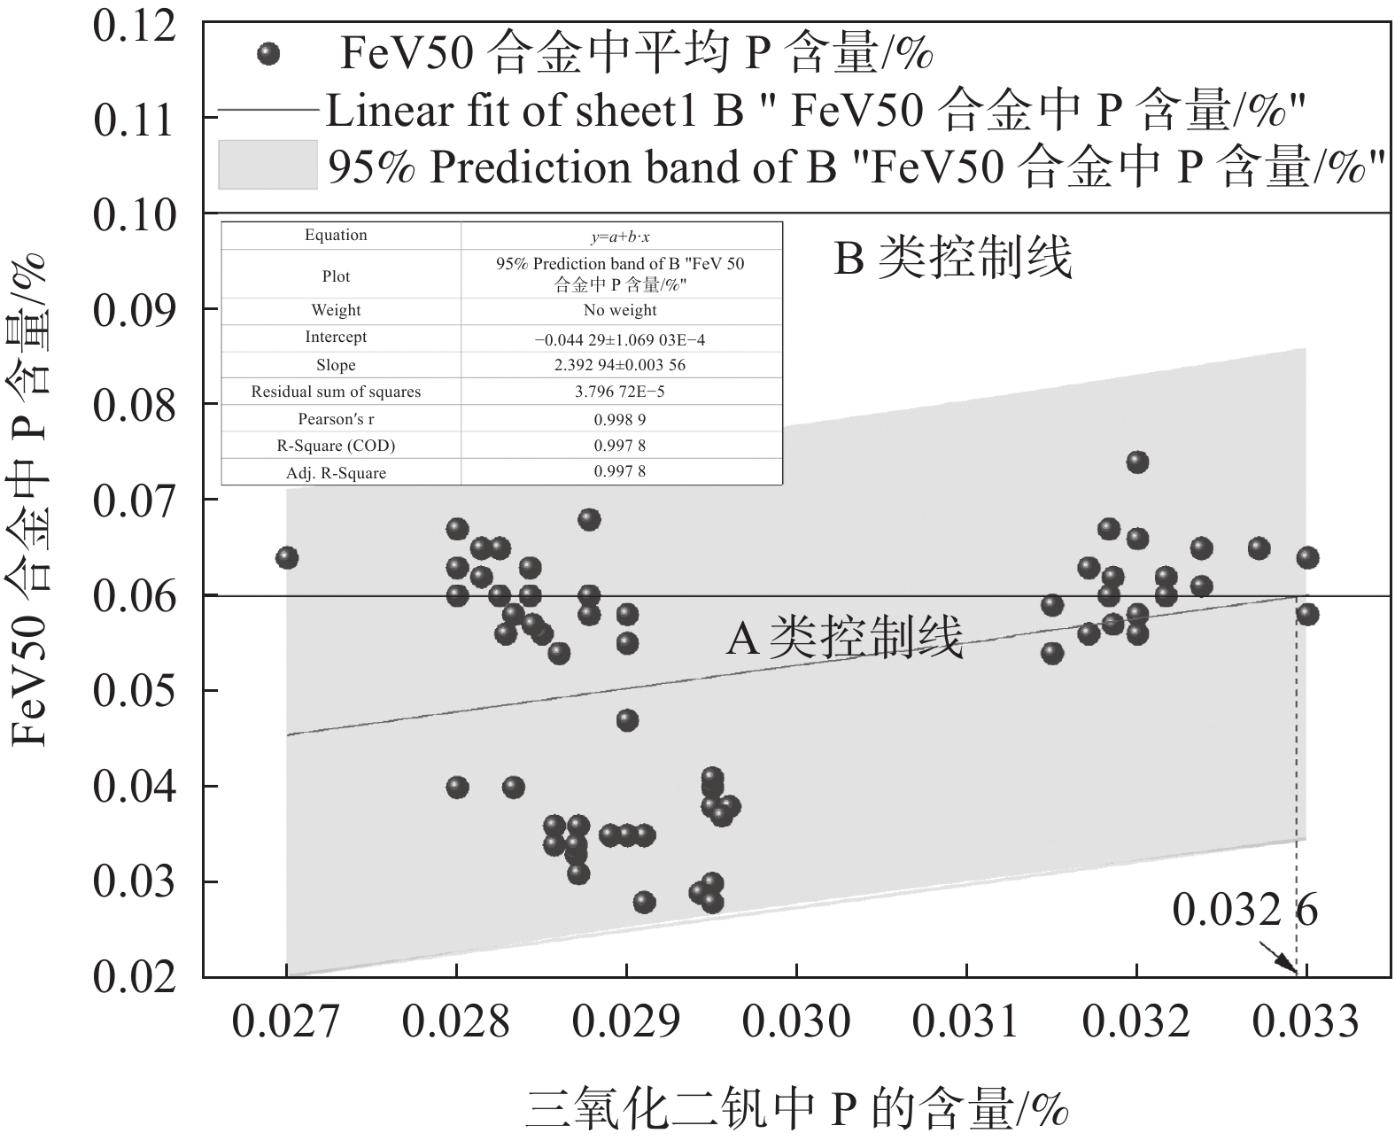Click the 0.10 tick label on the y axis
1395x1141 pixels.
pyautogui.click(x=135, y=215)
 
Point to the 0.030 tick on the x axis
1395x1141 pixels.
pyautogui.click(x=796, y=1021)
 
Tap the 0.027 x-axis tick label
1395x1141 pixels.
pyautogui.click(x=285, y=1021)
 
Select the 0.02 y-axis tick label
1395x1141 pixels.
pyautogui.click(x=135, y=977)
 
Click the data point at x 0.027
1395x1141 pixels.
pyautogui.click(x=286, y=558)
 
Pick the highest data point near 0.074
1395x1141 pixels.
pyautogui.click(x=1137, y=462)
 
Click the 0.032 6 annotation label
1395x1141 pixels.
pyautogui.click(x=1245, y=911)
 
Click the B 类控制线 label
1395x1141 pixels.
pyautogui.click(x=953, y=260)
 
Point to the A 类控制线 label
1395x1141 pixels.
pyautogui.click(x=844, y=638)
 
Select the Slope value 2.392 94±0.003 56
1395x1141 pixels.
pyautogui.click(x=620, y=365)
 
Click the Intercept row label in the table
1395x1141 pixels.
pyautogui.click(x=336, y=338)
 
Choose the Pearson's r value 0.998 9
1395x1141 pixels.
pyautogui.click(x=620, y=419)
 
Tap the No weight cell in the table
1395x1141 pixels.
pyautogui.click(x=620, y=310)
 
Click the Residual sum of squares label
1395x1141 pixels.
pyautogui.click(x=336, y=392)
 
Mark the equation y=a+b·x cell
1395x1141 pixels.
pyautogui.click(x=620, y=237)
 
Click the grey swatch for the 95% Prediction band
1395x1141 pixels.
pyautogui.click(x=267, y=165)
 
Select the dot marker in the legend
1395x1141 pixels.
pyautogui.click(x=267, y=55)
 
